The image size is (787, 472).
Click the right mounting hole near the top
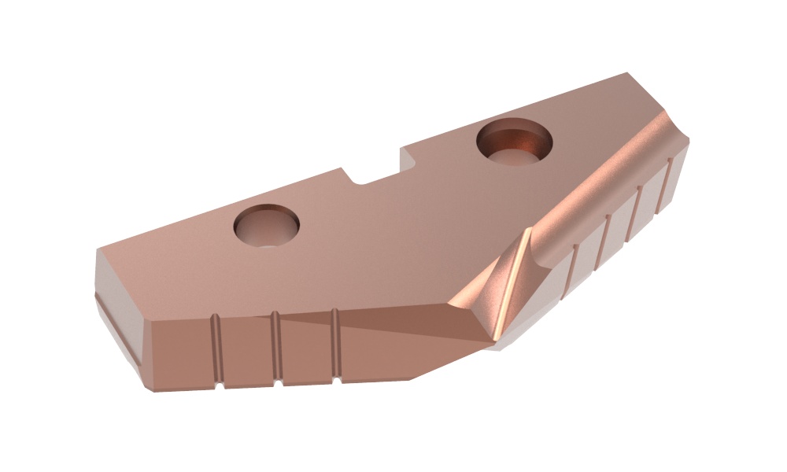(x=515, y=142)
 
